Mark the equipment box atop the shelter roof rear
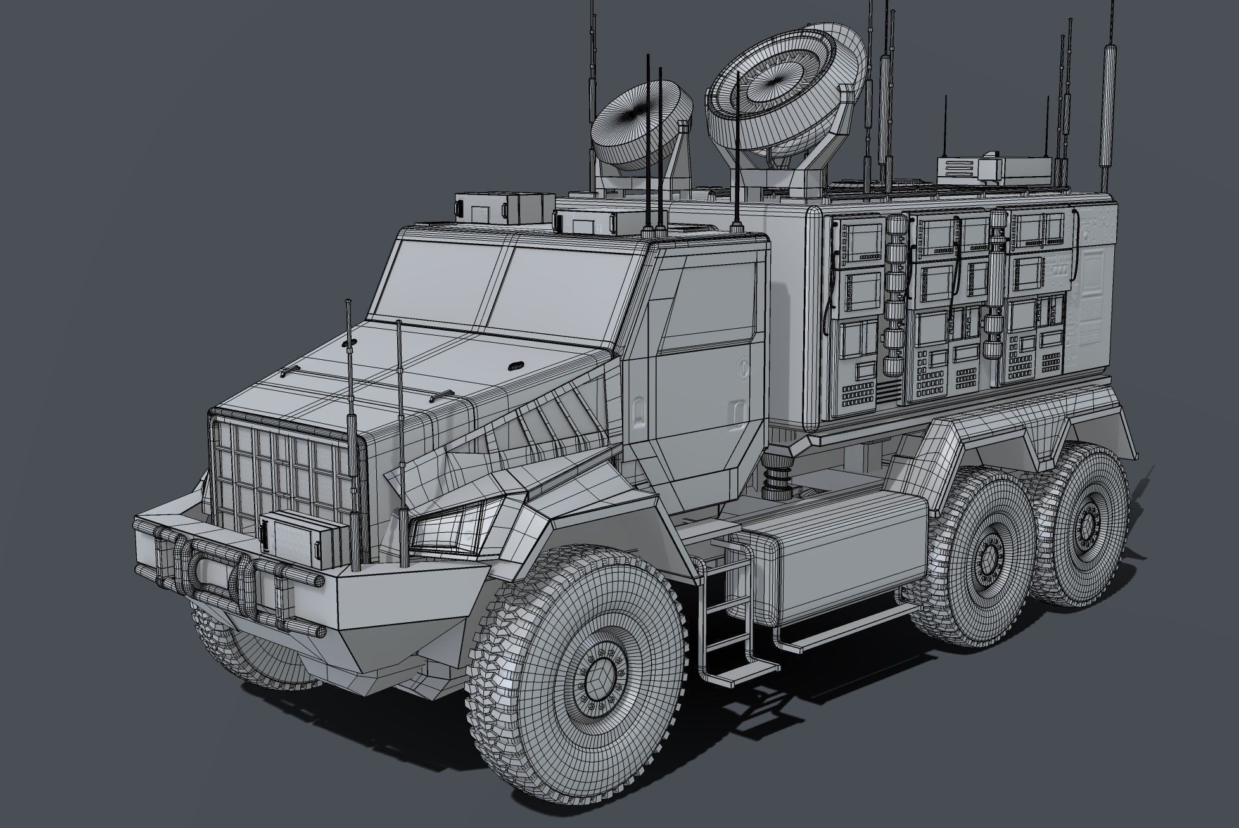point(975,169)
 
